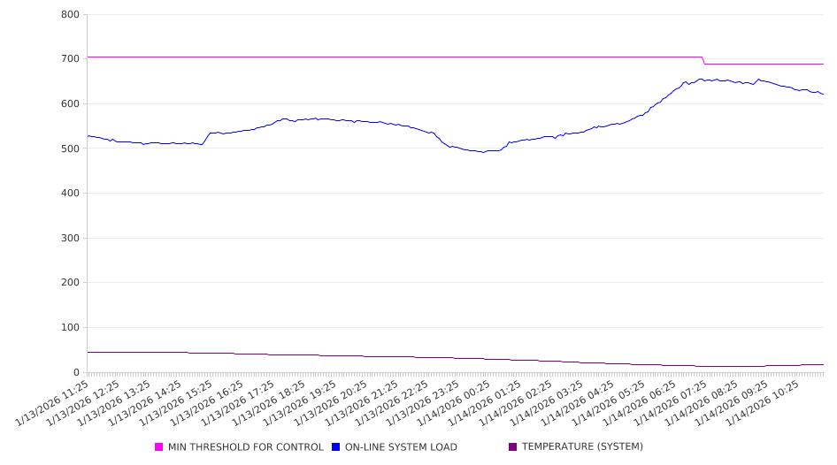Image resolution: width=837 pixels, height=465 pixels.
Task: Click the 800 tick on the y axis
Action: coord(71,15)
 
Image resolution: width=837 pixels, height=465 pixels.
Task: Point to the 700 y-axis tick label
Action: coord(71,59)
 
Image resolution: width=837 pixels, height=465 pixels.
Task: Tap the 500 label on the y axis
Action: coord(71,149)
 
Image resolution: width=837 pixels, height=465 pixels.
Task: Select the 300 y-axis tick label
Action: coord(71,239)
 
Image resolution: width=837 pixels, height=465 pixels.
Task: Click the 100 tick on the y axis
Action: coord(71,328)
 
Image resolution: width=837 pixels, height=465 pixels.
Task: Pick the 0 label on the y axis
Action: coord(77,373)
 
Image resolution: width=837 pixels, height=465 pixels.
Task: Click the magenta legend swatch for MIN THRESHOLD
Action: coord(159,447)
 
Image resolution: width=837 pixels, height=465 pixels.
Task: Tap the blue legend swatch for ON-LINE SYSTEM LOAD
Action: coord(336,447)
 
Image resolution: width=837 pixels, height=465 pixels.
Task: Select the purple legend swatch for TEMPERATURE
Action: coord(513,447)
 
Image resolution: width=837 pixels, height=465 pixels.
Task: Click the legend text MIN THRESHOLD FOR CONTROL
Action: coord(245,447)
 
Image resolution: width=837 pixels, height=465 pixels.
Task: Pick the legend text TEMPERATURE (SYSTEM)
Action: coord(581,447)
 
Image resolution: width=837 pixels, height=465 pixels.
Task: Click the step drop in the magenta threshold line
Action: coord(703,60)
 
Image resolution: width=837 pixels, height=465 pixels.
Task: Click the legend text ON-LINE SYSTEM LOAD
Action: coord(401,447)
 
